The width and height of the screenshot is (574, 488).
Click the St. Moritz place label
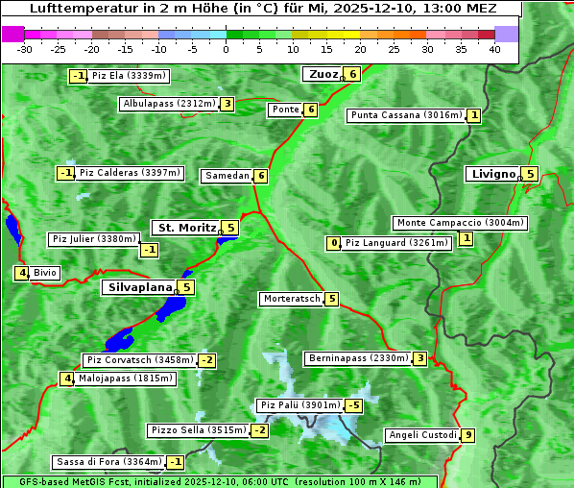click(186, 228)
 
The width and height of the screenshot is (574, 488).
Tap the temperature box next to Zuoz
click(353, 74)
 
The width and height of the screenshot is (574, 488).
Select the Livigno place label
click(493, 174)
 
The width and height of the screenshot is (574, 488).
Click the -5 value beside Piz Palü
click(354, 405)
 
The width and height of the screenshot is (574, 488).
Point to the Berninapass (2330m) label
click(357, 358)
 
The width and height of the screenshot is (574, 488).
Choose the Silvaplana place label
click(139, 286)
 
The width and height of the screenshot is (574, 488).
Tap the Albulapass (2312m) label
click(169, 104)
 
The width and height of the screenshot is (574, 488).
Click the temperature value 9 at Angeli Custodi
click(467, 435)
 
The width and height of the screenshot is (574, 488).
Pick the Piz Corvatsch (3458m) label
click(139, 360)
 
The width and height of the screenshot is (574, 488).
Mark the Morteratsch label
click(291, 299)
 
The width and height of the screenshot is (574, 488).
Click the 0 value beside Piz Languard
click(334, 243)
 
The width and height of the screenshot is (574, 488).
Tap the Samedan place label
click(227, 176)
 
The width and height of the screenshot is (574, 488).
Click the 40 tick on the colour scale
click(494, 49)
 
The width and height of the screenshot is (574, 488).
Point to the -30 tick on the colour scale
click(25, 49)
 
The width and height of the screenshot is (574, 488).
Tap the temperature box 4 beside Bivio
click(20, 273)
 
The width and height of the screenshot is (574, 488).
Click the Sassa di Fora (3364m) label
click(108, 462)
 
